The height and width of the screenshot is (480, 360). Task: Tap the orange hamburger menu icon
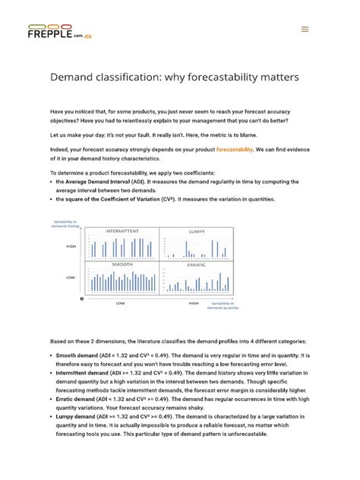(305, 30)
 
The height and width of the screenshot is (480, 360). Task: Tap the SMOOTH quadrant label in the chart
(122, 265)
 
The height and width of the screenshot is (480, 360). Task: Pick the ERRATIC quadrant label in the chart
(196, 265)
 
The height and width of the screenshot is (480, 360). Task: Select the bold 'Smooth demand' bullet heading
(80, 354)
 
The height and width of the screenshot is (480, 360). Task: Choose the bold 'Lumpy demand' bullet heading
(78, 416)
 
